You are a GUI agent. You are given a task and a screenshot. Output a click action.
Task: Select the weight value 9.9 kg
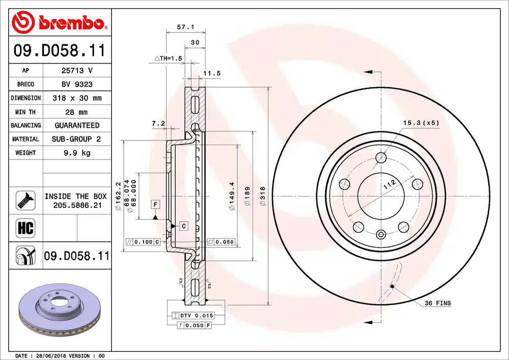pos(77,153)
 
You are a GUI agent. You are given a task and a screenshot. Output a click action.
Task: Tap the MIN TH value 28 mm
pos(76,112)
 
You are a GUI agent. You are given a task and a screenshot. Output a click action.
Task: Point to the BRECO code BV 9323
pos(77,85)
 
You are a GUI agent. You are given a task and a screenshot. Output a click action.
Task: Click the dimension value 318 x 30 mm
pos(77,98)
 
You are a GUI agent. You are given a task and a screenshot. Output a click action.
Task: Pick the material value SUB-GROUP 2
pos(76,139)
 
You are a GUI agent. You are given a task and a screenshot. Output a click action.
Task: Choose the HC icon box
pos(25,228)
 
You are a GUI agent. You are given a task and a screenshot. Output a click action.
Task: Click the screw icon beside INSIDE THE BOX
pos(25,201)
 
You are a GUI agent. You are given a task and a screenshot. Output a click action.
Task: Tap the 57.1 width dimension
pos(185,27)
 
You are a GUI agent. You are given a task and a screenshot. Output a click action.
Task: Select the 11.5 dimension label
pos(212,73)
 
